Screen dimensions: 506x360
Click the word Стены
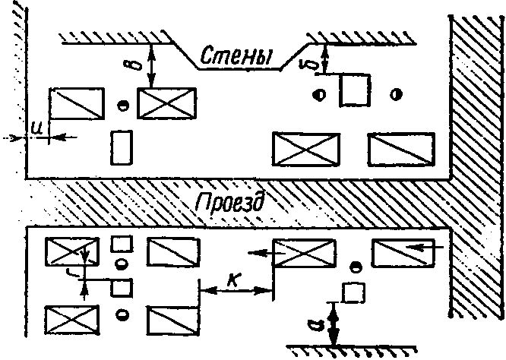(x=238, y=55)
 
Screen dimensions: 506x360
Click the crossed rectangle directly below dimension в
(x=166, y=103)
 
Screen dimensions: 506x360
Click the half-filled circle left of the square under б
(x=320, y=94)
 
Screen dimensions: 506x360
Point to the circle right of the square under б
(x=395, y=93)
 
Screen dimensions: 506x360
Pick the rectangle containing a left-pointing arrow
(x=401, y=251)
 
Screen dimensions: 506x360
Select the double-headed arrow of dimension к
(x=236, y=290)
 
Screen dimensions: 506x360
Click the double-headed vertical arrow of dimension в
(x=153, y=64)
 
